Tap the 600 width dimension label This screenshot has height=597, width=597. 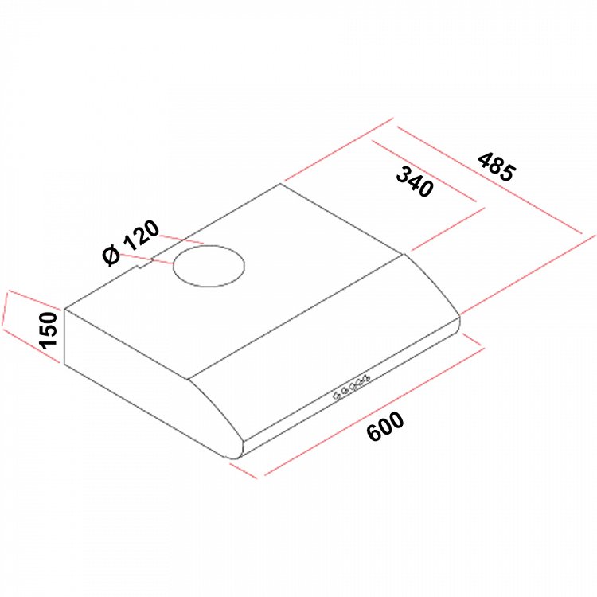coord(385,426)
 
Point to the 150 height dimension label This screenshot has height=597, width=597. coord(49,330)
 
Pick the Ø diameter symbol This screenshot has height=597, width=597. coord(111,256)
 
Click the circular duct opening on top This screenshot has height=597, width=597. coord(209,266)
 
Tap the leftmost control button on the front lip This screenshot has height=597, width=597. coord(337,396)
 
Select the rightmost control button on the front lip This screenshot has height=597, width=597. coord(366,378)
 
